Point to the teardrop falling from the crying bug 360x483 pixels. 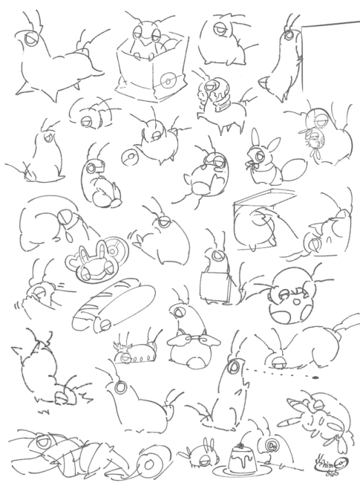coord(71,235)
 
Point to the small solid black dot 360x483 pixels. coord(314,378)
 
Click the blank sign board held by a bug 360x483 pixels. coord(210,283)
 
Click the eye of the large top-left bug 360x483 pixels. coord(31,40)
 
